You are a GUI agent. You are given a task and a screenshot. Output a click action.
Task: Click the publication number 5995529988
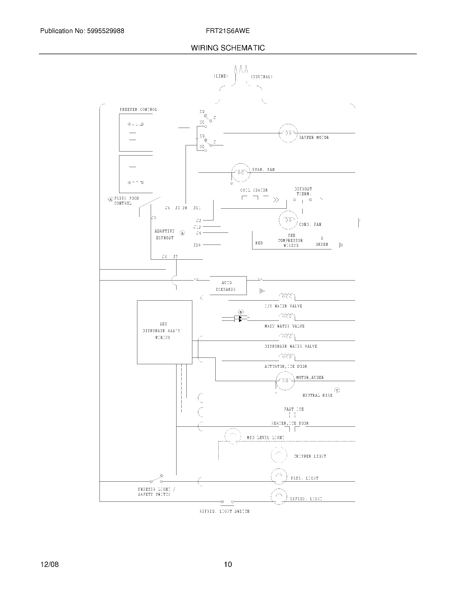(x=105, y=31)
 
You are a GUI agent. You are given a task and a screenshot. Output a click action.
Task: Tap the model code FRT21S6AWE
(x=227, y=31)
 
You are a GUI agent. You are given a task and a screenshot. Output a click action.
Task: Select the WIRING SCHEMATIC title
(x=228, y=48)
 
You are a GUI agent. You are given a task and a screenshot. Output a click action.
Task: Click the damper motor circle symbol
(x=288, y=133)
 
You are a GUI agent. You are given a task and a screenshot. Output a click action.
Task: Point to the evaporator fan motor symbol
(x=241, y=172)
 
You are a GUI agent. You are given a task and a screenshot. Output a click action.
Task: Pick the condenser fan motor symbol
(x=288, y=220)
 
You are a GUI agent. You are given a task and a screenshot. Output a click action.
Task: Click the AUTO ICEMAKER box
(x=228, y=286)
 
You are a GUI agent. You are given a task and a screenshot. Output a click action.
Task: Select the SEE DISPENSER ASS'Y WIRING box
(x=164, y=332)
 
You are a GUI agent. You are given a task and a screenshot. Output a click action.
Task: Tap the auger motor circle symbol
(x=285, y=381)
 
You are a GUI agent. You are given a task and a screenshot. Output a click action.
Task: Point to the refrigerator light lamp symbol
(x=279, y=496)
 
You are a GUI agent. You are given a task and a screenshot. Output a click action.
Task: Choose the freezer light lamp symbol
(x=279, y=476)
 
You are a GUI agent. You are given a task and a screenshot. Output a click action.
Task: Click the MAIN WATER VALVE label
(x=284, y=326)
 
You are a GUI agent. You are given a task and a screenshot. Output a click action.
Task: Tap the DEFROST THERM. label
(x=303, y=191)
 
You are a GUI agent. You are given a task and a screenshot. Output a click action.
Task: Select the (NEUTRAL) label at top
(x=262, y=77)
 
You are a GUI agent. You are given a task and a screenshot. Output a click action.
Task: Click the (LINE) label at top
(x=221, y=76)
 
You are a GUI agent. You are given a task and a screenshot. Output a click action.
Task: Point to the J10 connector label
(x=197, y=245)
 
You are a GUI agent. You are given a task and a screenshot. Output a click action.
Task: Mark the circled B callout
(x=240, y=312)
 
